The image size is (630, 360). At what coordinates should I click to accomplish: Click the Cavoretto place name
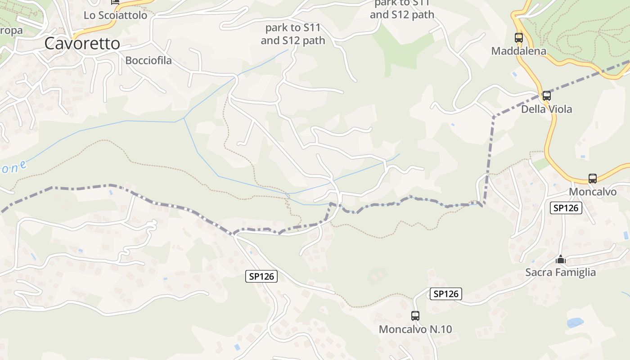click(x=82, y=44)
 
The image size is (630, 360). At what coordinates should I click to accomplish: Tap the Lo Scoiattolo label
click(x=115, y=15)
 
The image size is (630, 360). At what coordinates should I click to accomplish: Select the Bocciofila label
click(x=148, y=60)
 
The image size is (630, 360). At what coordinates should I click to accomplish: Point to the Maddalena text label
click(x=518, y=51)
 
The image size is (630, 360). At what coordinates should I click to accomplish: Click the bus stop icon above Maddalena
click(x=518, y=38)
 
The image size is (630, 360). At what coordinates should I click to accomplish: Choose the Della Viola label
click(x=546, y=109)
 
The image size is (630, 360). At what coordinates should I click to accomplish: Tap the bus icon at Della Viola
click(x=546, y=95)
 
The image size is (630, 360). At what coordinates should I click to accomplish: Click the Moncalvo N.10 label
click(x=415, y=329)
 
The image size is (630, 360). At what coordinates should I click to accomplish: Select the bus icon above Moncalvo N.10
click(x=415, y=315)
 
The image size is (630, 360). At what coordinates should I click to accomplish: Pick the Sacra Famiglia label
click(x=560, y=272)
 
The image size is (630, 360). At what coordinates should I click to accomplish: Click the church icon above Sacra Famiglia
click(x=560, y=259)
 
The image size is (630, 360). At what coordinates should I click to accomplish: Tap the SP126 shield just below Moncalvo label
click(x=566, y=208)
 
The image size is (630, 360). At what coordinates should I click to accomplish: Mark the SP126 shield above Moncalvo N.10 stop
click(x=445, y=294)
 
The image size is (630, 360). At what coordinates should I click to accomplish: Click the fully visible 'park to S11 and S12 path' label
click(x=292, y=34)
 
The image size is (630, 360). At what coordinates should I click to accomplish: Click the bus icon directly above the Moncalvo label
click(x=592, y=179)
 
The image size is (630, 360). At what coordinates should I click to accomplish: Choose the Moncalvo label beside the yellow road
click(x=593, y=192)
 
